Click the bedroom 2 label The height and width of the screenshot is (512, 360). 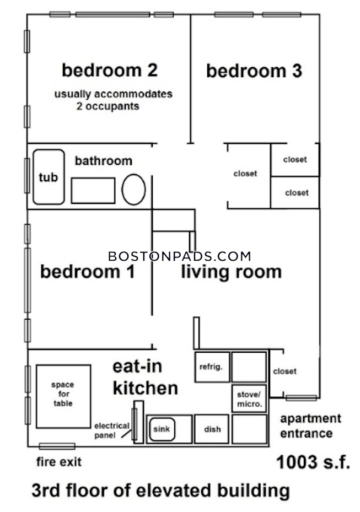click(x=110, y=71)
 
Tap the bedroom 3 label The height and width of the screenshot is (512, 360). click(x=254, y=72)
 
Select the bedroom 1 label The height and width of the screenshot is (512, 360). click(x=88, y=272)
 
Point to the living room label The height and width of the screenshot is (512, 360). click(x=232, y=272)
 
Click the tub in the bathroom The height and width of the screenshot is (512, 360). click(x=49, y=176)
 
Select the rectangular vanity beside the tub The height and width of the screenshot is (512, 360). click(x=93, y=191)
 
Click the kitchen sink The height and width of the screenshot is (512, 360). click(x=162, y=429)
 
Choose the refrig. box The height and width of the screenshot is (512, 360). click(x=211, y=367)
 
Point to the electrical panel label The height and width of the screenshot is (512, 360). click(x=112, y=430)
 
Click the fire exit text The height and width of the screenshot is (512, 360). click(x=59, y=462)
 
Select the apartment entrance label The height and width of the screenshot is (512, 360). click(x=310, y=425)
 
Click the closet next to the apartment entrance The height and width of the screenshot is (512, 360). click(x=284, y=371)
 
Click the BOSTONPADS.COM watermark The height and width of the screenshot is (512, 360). click(x=180, y=256)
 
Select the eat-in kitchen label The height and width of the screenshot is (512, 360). click(x=145, y=378)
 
